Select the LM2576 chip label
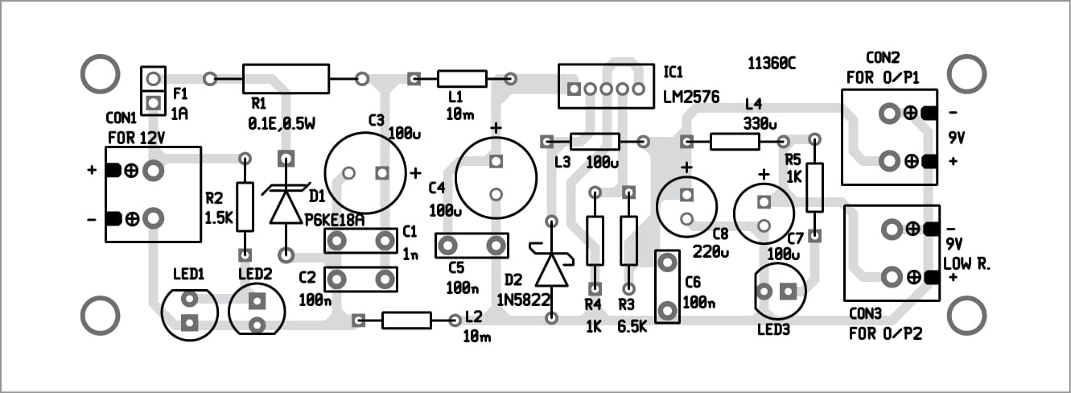pyautogui.click(x=690, y=97)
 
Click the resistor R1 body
pyautogui.click(x=286, y=79)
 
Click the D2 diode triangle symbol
pyautogui.click(x=552, y=269)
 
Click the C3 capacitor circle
pyautogui.click(x=365, y=173)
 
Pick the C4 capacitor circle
pyautogui.click(x=496, y=177)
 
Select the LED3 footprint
pyautogui.click(x=780, y=292)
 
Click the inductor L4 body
pyautogui.click(x=734, y=143)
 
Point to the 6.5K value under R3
pyautogui.click(x=633, y=328)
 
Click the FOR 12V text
pyautogui.click(x=136, y=138)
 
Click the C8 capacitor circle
pyautogui.click(x=686, y=207)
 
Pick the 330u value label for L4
pyautogui.click(x=761, y=123)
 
